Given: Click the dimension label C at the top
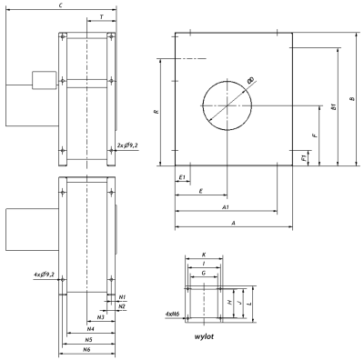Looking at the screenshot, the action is (x=61, y=5).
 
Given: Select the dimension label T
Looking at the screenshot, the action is (x=102, y=17).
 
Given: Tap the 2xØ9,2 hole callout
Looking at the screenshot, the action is (x=127, y=145).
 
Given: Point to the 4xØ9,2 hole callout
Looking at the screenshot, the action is (x=45, y=275).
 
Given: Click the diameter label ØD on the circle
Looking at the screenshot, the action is (x=251, y=81).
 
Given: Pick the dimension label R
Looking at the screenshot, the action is (x=157, y=112).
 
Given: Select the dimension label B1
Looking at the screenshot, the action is (x=334, y=106).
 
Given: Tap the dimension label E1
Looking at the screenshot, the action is (x=182, y=177).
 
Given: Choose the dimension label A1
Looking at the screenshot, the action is (x=226, y=207).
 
